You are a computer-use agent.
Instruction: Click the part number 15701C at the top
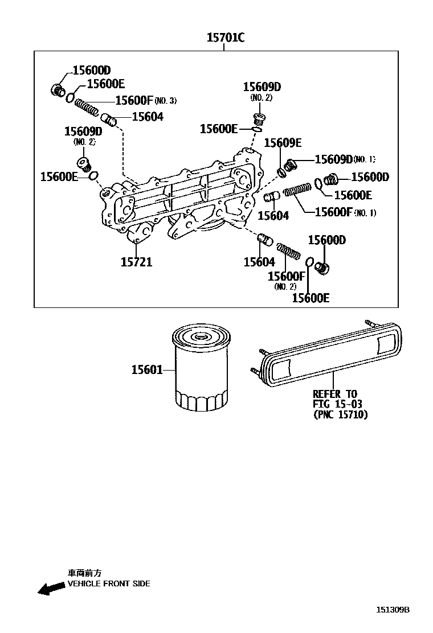point(225,38)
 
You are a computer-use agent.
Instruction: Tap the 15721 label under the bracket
point(136,262)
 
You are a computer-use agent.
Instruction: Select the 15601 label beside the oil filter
point(146,370)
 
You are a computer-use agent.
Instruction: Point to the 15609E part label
point(283,143)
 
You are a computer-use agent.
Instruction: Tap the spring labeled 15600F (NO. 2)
point(289,250)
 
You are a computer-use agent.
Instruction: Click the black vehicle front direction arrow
point(51,589)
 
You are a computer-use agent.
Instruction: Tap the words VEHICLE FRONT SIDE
point(109,583)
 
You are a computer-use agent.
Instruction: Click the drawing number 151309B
point(392,610)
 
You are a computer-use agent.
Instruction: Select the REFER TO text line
point(335,394)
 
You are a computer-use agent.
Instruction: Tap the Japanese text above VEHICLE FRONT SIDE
point(84,573)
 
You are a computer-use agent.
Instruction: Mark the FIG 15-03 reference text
point(337,404)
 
